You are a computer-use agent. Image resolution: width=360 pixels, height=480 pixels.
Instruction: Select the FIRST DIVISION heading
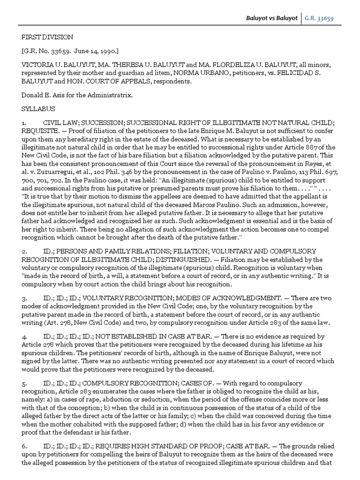[47, 37]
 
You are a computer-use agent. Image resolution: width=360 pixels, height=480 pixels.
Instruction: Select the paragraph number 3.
[24, 297]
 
